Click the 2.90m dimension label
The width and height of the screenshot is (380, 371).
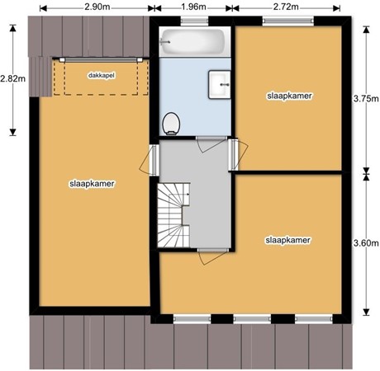tap(97, 7)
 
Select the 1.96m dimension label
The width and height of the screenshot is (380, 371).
tap(194, 7)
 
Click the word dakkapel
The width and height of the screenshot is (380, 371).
tap(101, 75)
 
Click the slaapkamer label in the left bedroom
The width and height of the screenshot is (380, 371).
tap(92, 184)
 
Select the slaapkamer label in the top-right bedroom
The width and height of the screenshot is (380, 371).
tap(289, 96)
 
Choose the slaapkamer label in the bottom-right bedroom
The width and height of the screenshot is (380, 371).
tap(287, 241)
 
